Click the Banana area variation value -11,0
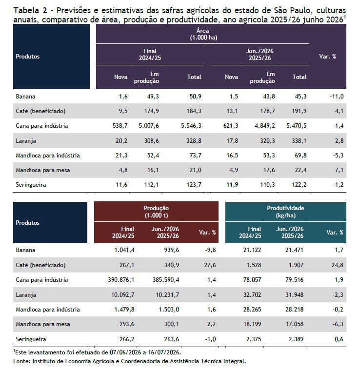click(x=337, y=97)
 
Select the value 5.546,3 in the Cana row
click(x=191, y=126)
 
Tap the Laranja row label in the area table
click(x=26, y=141)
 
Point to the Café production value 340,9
click(x=172, y=265)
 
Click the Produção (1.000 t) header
click(x=156, y=212)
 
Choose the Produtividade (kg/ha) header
click(x=286, y=212)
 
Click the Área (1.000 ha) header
click(x=203, y=34)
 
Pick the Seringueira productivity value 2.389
click(x=296, y=339)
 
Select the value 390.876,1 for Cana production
click(x=121, y=280)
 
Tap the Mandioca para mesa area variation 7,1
click(x=339, y=170)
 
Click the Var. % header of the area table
click(x=327, y=57)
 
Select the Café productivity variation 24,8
click(x=338, y=265)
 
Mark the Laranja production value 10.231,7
click(x=167, y=295)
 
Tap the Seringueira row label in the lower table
click(x=31, y=339)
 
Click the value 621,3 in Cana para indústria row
click(x=231, y=126)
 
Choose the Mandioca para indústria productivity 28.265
click(x=252, y=310)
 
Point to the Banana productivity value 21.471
click(x=294, y=250)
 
